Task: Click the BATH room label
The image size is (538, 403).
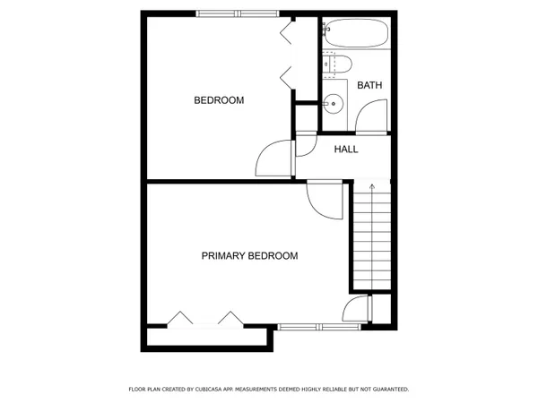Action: (369, 85)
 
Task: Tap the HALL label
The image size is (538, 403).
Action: (346, 150)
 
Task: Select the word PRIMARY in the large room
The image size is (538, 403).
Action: (226, 256)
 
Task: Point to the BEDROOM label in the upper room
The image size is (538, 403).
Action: (219, 100)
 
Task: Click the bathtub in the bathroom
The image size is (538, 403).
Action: (356, 35)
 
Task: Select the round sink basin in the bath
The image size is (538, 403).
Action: (334, 103)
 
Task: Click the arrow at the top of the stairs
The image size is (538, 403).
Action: (372, 189)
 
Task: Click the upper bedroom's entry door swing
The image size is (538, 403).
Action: (273, 159)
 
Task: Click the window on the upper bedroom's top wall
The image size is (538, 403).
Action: (238, 13)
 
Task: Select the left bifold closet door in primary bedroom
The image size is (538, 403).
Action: (180, 318)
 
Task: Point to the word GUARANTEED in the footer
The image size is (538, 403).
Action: (388, 390)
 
